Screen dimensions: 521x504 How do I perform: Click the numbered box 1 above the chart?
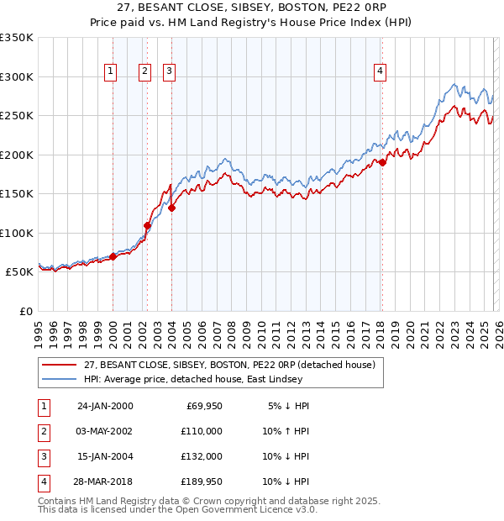point(111,72)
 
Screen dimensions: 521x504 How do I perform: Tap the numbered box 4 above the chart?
point(381,72)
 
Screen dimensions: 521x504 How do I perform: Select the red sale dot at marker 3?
point(171,208)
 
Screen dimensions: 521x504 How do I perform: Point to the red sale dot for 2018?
point(382,162)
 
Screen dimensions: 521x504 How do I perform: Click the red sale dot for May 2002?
point(147,225)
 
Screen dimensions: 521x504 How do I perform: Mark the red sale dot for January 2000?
point(113,256)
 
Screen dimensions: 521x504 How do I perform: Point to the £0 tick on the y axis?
point(25,311)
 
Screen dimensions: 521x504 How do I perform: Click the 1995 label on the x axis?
point(39,330)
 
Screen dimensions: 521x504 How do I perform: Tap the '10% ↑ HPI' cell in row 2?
point(282,430)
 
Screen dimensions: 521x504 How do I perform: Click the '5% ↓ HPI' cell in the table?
point(285,405)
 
